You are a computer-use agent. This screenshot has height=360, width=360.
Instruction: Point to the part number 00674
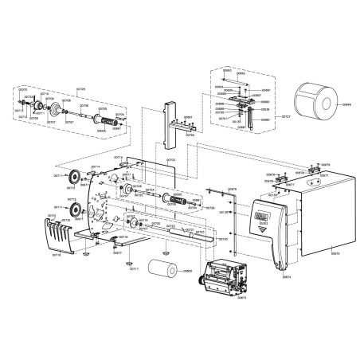click(x=287, y=277)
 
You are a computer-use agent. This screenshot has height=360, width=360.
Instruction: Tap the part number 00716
click(x=56, y=256)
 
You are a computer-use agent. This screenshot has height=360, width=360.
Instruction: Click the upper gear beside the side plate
click(x=75, y=178)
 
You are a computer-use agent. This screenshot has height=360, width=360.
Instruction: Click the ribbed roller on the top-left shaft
click(x=100, y=121)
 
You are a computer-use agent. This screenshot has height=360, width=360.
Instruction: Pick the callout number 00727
click(x=287, y=116)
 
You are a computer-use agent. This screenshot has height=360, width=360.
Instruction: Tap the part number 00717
click(x=134, y=269)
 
